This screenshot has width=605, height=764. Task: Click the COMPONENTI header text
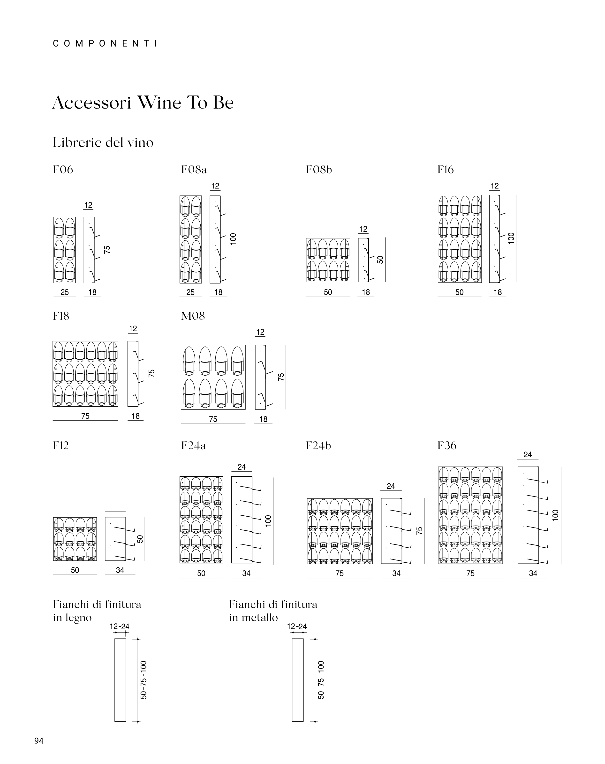tap(105, 44)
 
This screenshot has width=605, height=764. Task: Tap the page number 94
tap(39, 740)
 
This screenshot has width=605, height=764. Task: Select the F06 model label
tap(63, 170)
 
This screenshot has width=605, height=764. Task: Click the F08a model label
tap(194, 170)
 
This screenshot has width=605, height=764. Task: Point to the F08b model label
tap(319, 170)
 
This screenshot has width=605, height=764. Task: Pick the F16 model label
tap(445, 170)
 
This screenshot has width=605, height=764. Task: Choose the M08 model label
tap(193, 316)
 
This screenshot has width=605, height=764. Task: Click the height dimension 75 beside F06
tap(107, 250)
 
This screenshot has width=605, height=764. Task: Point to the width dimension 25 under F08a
tap(190, 292)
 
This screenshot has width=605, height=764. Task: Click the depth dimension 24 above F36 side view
tap(528, 455)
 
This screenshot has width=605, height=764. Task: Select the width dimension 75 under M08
tap(213, 419)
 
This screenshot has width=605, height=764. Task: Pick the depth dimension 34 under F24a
tap(246, 573)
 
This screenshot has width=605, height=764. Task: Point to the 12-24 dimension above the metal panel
tap(297, 627)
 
